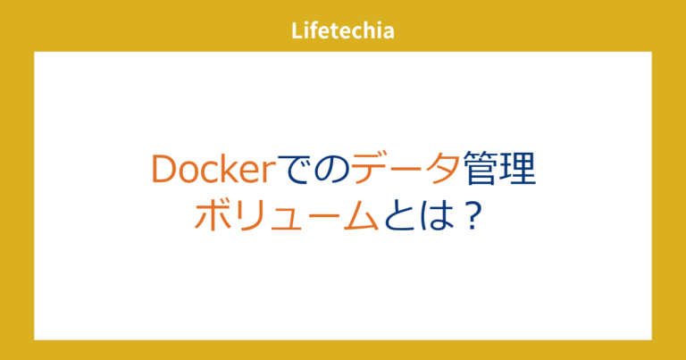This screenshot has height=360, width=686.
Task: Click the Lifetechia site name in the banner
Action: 343,30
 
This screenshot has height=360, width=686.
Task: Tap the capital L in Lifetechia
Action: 297,30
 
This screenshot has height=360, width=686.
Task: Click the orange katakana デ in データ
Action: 370,170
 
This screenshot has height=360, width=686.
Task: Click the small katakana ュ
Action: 284,219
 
